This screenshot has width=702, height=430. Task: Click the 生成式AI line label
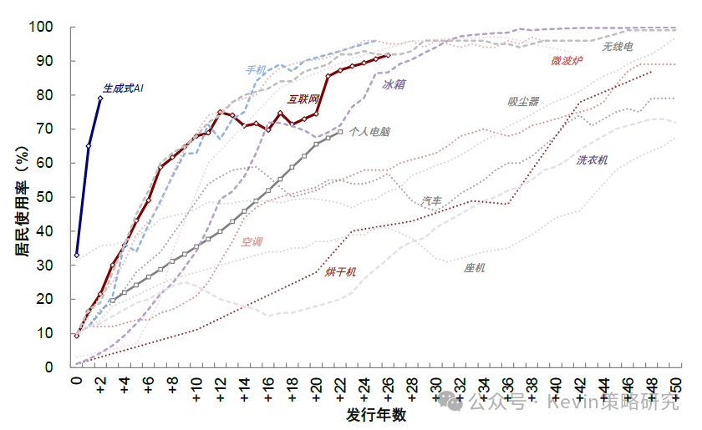(x=123, y=88)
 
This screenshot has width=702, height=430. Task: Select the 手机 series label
(x=256, y=70)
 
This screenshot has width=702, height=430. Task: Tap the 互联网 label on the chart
(x=303, y=99)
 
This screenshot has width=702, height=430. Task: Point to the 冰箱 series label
(x=394, y=84)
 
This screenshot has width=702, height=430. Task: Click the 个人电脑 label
(x=369, y=131)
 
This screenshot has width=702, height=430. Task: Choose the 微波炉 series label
(x=567, y=60)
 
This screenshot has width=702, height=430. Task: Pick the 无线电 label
(x=618, y=47)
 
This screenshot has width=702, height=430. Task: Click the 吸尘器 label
(x=523, y=102)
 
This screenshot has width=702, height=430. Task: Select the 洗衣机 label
(x=592, y=159)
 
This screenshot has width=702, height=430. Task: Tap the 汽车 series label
(x=432, y=200)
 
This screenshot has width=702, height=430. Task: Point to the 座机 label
(x=475, y=268)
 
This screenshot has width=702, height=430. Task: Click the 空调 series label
(x=252, y=242)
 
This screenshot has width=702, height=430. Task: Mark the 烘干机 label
(x=341, y=271)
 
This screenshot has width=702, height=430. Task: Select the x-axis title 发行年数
(x=376, y=415)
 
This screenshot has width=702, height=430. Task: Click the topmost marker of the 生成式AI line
(x=100, y=98)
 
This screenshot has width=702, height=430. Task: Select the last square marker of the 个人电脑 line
(x=340, y=131)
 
